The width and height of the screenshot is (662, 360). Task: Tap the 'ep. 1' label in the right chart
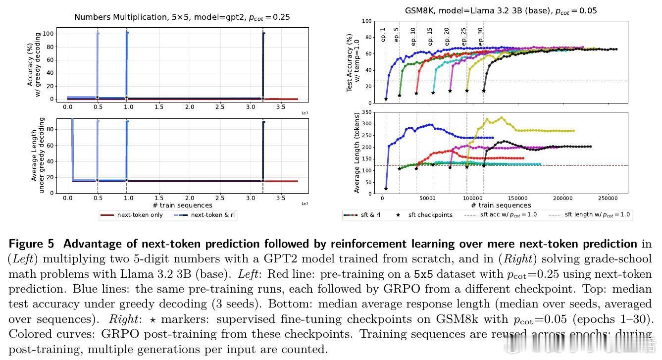pos(383,34)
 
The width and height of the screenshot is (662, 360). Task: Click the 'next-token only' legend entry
pos(132,215)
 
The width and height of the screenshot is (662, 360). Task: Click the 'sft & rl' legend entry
pos(363,215)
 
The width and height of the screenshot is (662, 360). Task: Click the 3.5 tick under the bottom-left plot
pos(280,198)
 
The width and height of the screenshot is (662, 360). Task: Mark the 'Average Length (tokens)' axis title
pos(357,152)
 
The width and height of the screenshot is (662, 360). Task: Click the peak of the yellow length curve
pos(502,117)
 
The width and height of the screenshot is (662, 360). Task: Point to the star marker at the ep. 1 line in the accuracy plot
pos(386,99)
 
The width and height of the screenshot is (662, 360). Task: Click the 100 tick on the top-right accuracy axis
pos(367,21)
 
